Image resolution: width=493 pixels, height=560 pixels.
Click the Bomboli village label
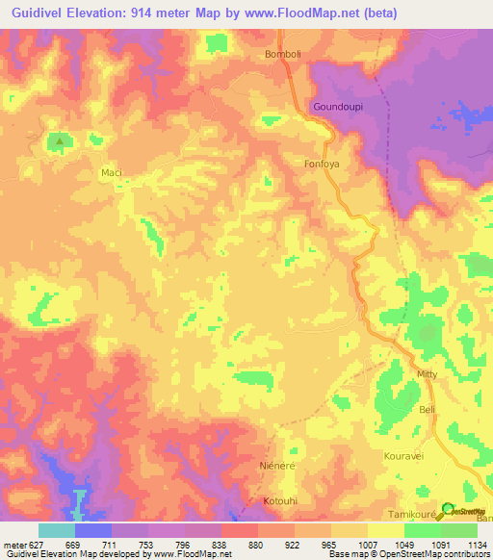284,54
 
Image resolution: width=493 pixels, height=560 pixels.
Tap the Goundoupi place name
337,107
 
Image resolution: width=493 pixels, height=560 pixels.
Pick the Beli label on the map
428,410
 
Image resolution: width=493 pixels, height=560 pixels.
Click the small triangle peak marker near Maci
60,142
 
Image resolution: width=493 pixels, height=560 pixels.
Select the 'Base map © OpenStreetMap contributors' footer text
407,554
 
